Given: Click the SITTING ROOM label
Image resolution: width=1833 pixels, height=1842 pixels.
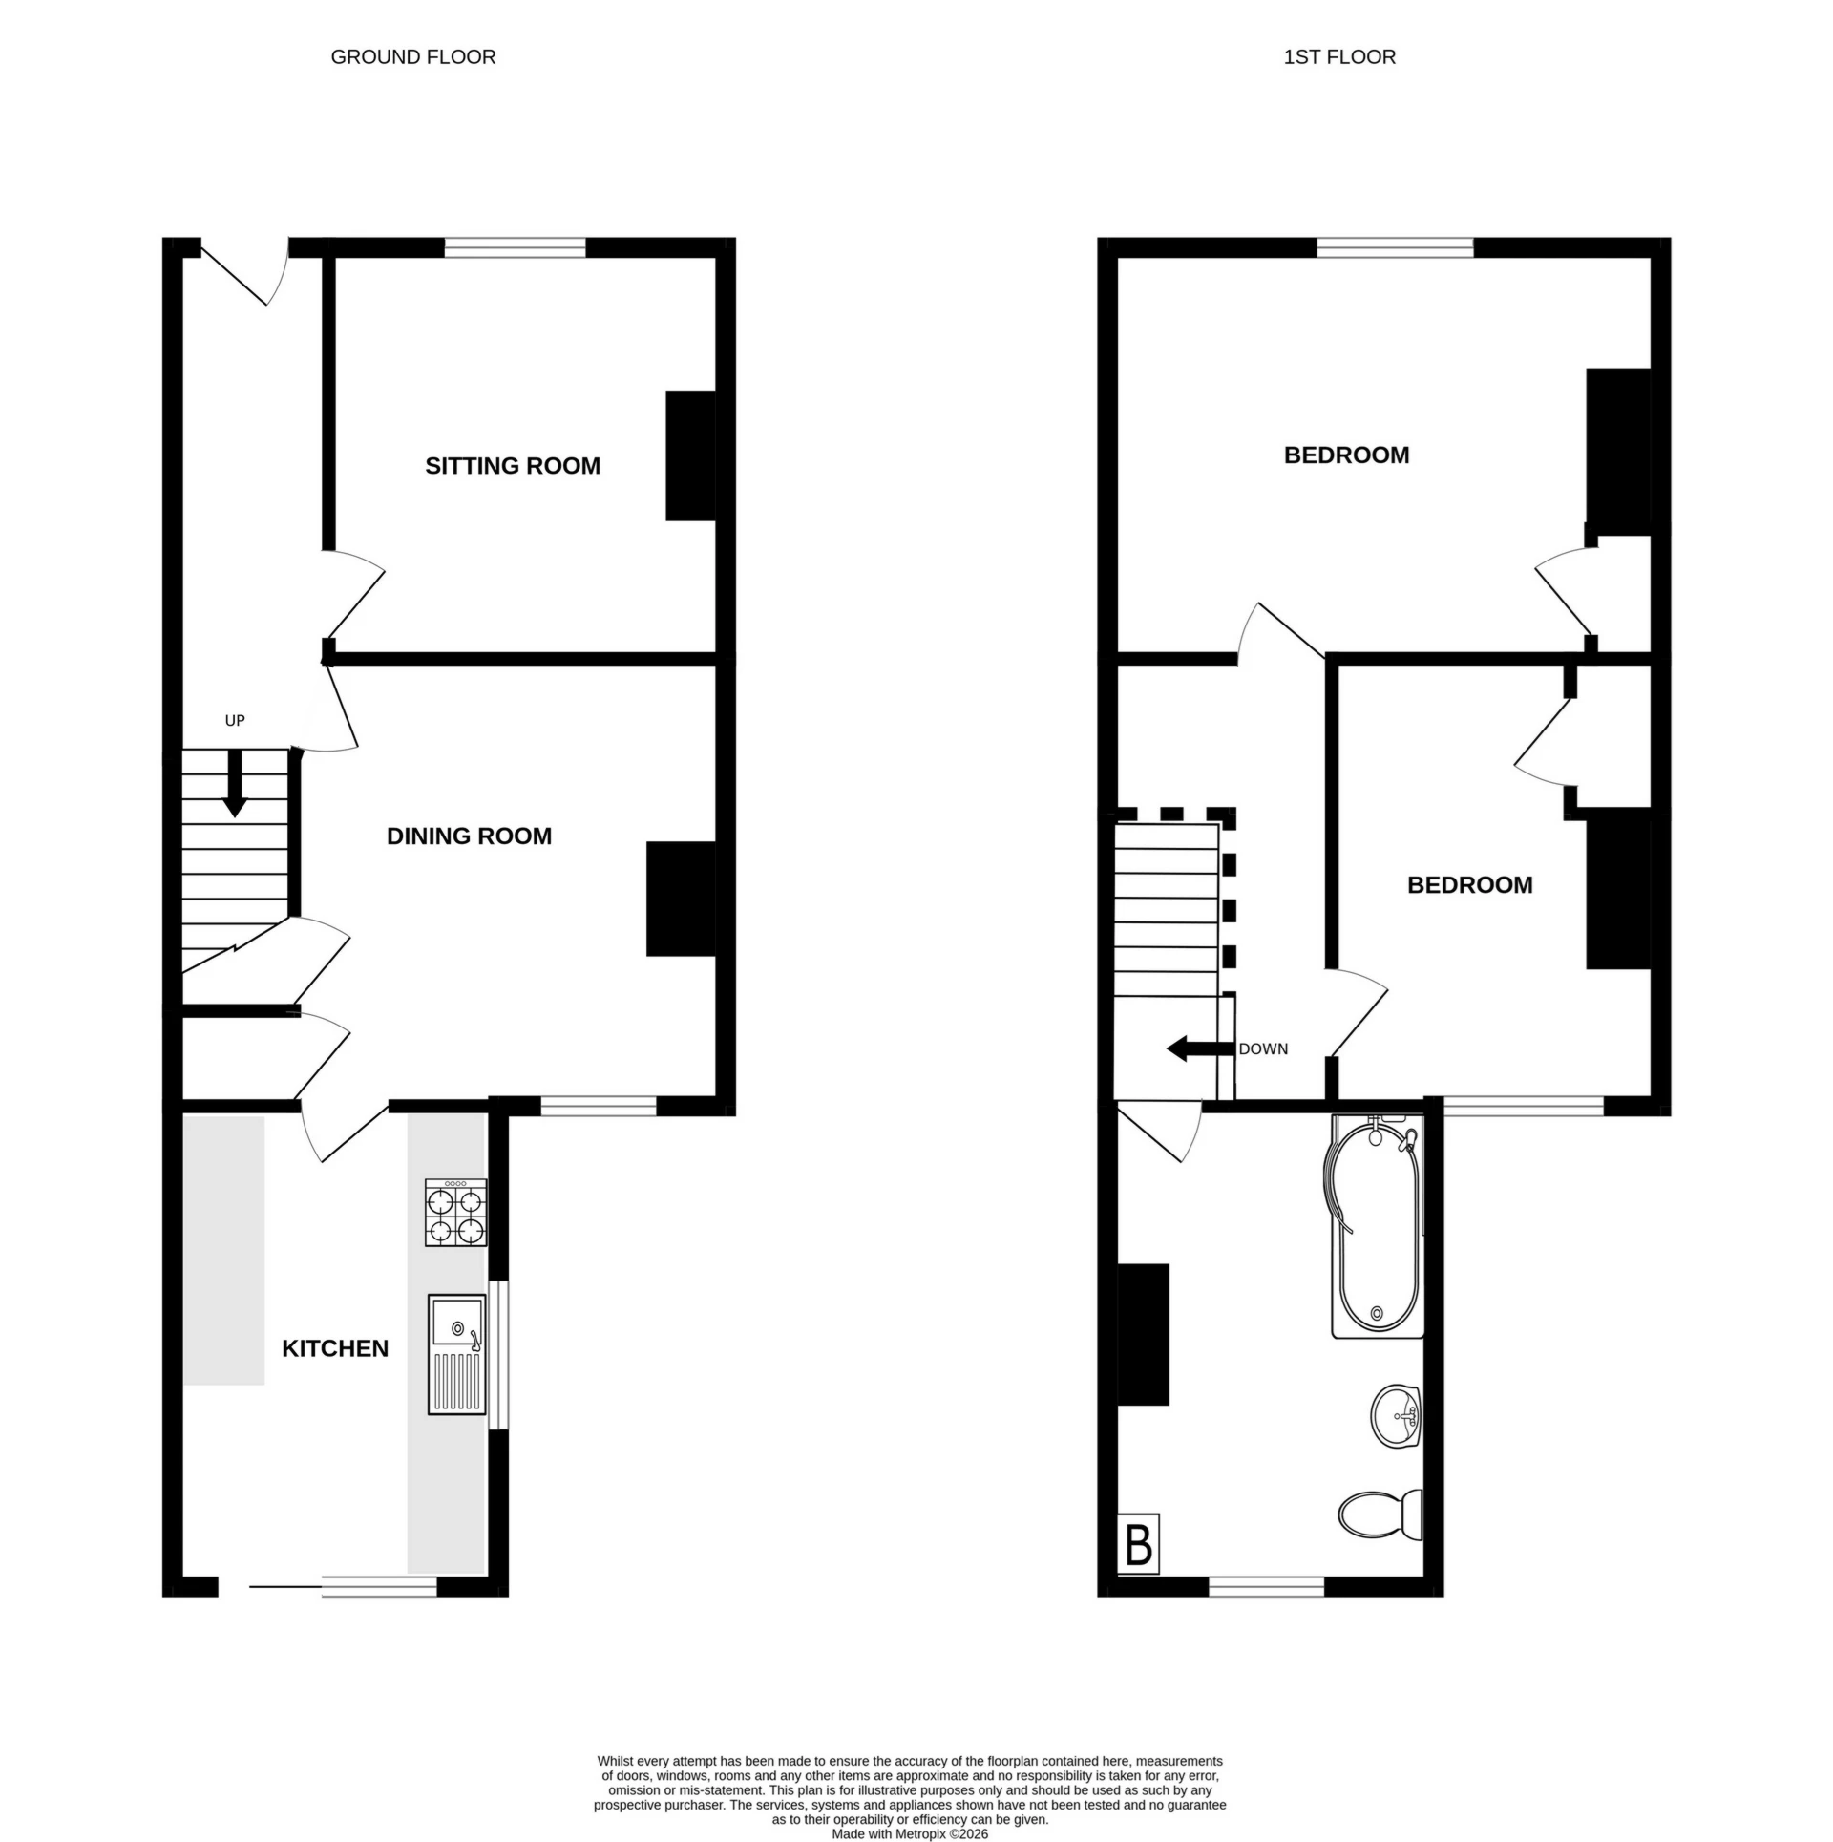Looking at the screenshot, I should pyautogui.click(x=512, y=466).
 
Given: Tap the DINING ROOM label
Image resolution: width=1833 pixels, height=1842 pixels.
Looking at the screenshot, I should pyautogui.click(x=469, y=836).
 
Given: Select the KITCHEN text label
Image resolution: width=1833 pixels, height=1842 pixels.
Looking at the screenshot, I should pyautogui.click(x=335, y=1348).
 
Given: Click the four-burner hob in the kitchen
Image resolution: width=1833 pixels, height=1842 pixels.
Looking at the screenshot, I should pyautogui.click(x=455, y=1213).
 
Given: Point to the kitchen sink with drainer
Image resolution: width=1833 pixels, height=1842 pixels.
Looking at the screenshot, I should pyautogui.click(x=456, y=1354).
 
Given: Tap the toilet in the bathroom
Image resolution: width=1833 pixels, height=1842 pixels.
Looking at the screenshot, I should pyautogui.click(x=1380, y=1515).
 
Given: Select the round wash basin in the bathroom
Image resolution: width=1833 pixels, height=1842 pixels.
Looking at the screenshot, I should pyautogui.click(x=1397, y=1416).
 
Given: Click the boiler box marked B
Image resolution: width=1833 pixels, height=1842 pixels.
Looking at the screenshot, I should pyautogui.click(x=1138, y=1544).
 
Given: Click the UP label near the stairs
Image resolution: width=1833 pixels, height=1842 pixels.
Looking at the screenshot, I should pyautogui.click(x=235, y=720).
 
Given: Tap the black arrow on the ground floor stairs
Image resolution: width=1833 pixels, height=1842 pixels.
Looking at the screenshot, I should pyautogui.click(x=234, y=783).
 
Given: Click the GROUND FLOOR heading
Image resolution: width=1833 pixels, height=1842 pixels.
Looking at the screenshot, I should pyautogui.click(x=412, y=57).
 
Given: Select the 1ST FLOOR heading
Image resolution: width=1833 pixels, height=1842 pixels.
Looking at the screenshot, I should pyautogui.click(x=1338, y=57).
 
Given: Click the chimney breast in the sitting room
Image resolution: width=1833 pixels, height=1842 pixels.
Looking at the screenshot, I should pyautogui.click(x=690, y=455).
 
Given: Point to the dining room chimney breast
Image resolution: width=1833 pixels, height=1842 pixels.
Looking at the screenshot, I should pyautogui.click(x=681, y=898).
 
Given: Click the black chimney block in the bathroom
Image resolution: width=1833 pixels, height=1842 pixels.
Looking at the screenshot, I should pyautogui.click(x=1143, y=1335).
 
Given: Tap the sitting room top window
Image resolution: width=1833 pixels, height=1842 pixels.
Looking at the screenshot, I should pyautogui.click(x=515, y=248).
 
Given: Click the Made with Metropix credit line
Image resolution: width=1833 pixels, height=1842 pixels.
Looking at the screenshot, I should pyautogui.click(x=909, y=1834).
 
